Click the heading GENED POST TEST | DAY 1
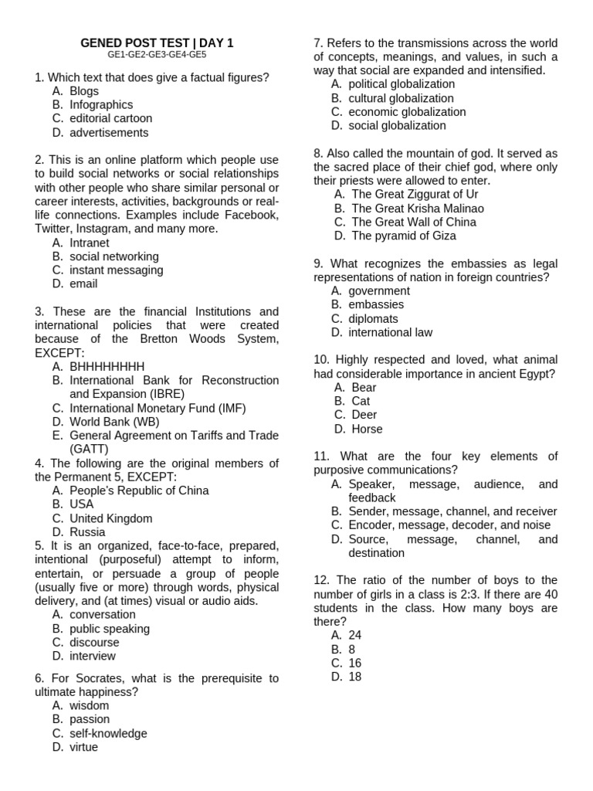(157, 43)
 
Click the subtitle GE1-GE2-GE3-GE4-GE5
(157, 56)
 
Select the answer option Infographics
(101, 105)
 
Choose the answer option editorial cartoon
(111, 119)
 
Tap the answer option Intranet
(90, 243)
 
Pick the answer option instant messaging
(117, 270)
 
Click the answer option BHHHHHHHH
(107, 366)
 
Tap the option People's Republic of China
(139, 491)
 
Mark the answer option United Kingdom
(111, 518)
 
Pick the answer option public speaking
(110, 629)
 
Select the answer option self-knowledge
(108, 733)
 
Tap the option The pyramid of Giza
(404, 236)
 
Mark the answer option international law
(390, 332)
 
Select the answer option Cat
(361, 401)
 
